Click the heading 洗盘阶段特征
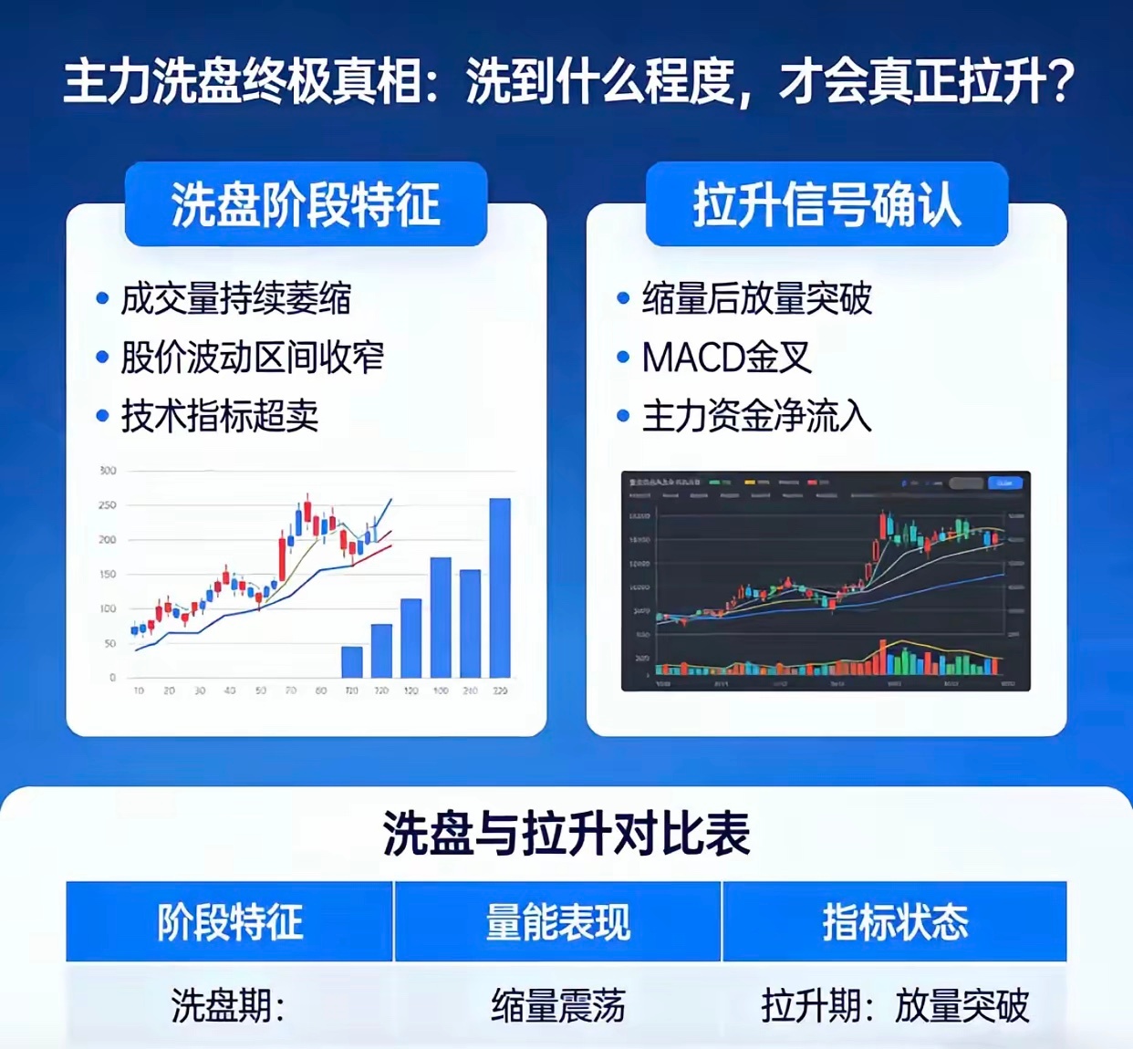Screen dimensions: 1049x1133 point(306,204)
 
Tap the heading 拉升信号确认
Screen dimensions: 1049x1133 point(826,204)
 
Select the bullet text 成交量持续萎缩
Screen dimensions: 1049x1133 point(235,298)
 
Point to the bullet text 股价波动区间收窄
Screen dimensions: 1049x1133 point(252,358)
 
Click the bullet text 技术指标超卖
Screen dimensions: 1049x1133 point(219,416)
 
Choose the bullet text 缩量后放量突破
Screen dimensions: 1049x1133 point(756,298)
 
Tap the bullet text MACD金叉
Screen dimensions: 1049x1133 point(726,358)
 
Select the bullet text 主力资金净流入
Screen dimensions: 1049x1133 point(756,416)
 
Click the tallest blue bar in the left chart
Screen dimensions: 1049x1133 point(500,587)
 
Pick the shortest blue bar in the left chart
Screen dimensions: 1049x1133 point(351,661)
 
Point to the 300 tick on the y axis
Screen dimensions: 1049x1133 point(108,471)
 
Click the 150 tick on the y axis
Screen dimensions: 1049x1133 point(108,575)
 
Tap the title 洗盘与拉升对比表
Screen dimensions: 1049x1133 point(566,833)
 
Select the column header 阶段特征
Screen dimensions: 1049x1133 point(230,921)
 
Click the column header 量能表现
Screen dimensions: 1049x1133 point(557,921)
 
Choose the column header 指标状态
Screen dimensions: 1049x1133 point(895,921)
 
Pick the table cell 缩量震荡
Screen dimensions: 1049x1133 point(557,1006)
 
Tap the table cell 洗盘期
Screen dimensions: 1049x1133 point(227,1006)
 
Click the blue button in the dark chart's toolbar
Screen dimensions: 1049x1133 point(1004,483)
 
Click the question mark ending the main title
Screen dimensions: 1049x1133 point(1060,82)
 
